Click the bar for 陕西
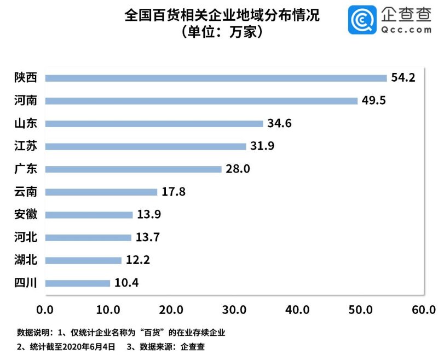click(216, 78)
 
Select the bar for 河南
click(201, 101)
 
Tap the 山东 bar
click(154, 124)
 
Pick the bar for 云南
click(101, 192)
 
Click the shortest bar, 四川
click(78, 283)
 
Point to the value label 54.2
click(404, 78)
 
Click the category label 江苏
click(25, 146)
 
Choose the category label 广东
click(25, 169)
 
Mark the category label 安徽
click(25, 215)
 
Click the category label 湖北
click(25, 260)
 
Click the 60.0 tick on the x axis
click(423, 311)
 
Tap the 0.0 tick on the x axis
click(45, 311)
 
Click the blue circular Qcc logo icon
click(362, 20)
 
